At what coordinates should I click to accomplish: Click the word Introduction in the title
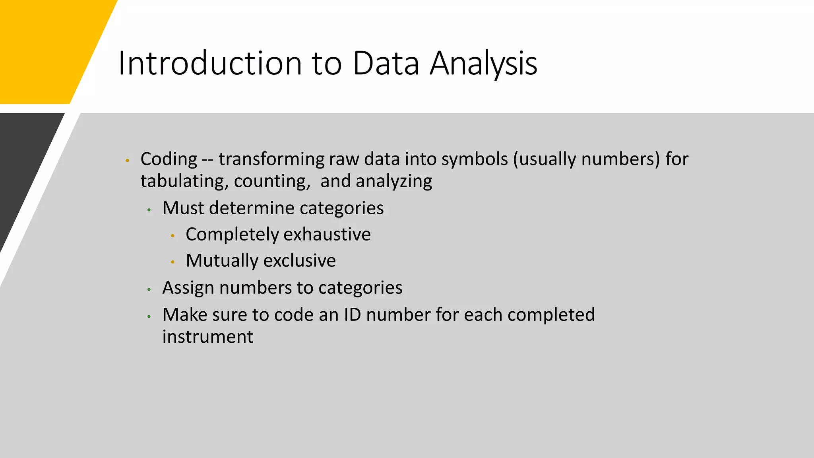pos(210,63)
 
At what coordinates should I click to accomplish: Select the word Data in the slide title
pos(386,63)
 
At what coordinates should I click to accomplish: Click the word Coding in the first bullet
pos(169,159)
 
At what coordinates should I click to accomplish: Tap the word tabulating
pos(184,181)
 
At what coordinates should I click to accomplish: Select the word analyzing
pos(394,181)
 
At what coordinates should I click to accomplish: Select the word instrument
pos(207,337)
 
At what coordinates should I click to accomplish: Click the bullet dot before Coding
pos(127,161)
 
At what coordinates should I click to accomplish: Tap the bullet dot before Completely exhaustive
pos(172,236)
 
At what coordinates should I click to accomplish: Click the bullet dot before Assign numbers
pos(149,289)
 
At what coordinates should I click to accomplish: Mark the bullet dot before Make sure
pos(149,316)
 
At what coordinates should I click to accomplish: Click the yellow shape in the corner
pos(48,48)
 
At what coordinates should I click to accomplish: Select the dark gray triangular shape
pos(24,167)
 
